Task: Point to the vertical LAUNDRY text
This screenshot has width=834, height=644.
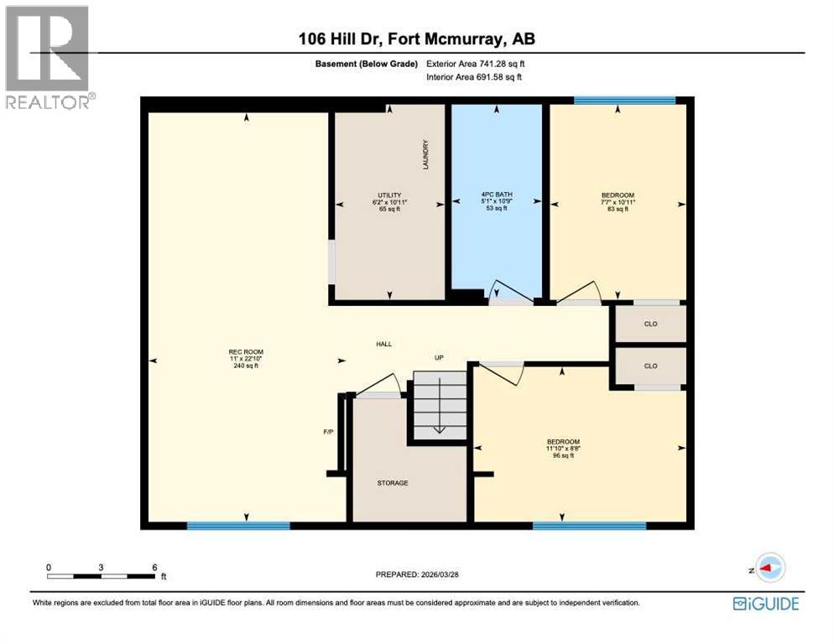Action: pos(426,155)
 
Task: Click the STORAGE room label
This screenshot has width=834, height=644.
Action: pos(392,483)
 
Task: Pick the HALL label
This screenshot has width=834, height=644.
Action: pos(383,344)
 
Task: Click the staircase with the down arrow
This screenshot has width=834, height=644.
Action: pos(439,405)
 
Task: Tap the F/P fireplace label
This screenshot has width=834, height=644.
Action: pos(329,433)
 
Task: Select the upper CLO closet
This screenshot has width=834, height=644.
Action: pos(650,324)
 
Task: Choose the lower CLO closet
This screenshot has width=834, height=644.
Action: pos(650,366)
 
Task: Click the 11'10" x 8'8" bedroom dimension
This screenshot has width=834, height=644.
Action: pos(563,449)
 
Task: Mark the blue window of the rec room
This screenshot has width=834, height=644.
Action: pos(237,526)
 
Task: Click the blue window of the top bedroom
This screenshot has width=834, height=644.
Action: pos(624,101)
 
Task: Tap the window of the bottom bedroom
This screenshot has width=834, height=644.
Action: pos(589,526)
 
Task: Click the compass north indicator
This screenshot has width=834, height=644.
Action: pos(769,568)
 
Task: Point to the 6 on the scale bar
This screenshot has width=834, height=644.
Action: pos(155,568)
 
